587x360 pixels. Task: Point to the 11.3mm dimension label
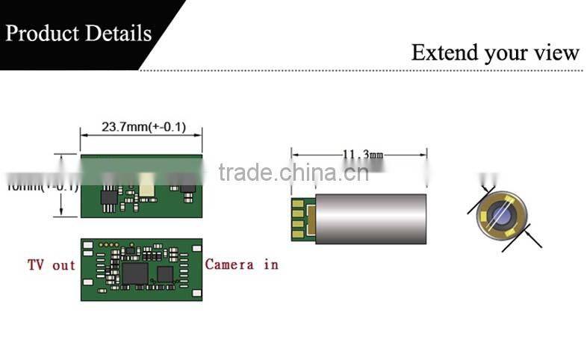click(362, 155)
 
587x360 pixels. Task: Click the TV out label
click(52, 264)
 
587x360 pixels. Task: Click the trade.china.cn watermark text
click(293, 173)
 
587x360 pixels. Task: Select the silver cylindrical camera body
click(370, 218)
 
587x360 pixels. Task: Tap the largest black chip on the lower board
click(135, 273)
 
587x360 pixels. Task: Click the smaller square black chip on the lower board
click(165, 274)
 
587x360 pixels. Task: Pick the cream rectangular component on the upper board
click(147, 184)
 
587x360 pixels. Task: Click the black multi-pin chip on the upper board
click(109, 196)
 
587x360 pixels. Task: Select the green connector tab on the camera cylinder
click(301, 218)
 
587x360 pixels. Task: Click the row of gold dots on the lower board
click(109, 245)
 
